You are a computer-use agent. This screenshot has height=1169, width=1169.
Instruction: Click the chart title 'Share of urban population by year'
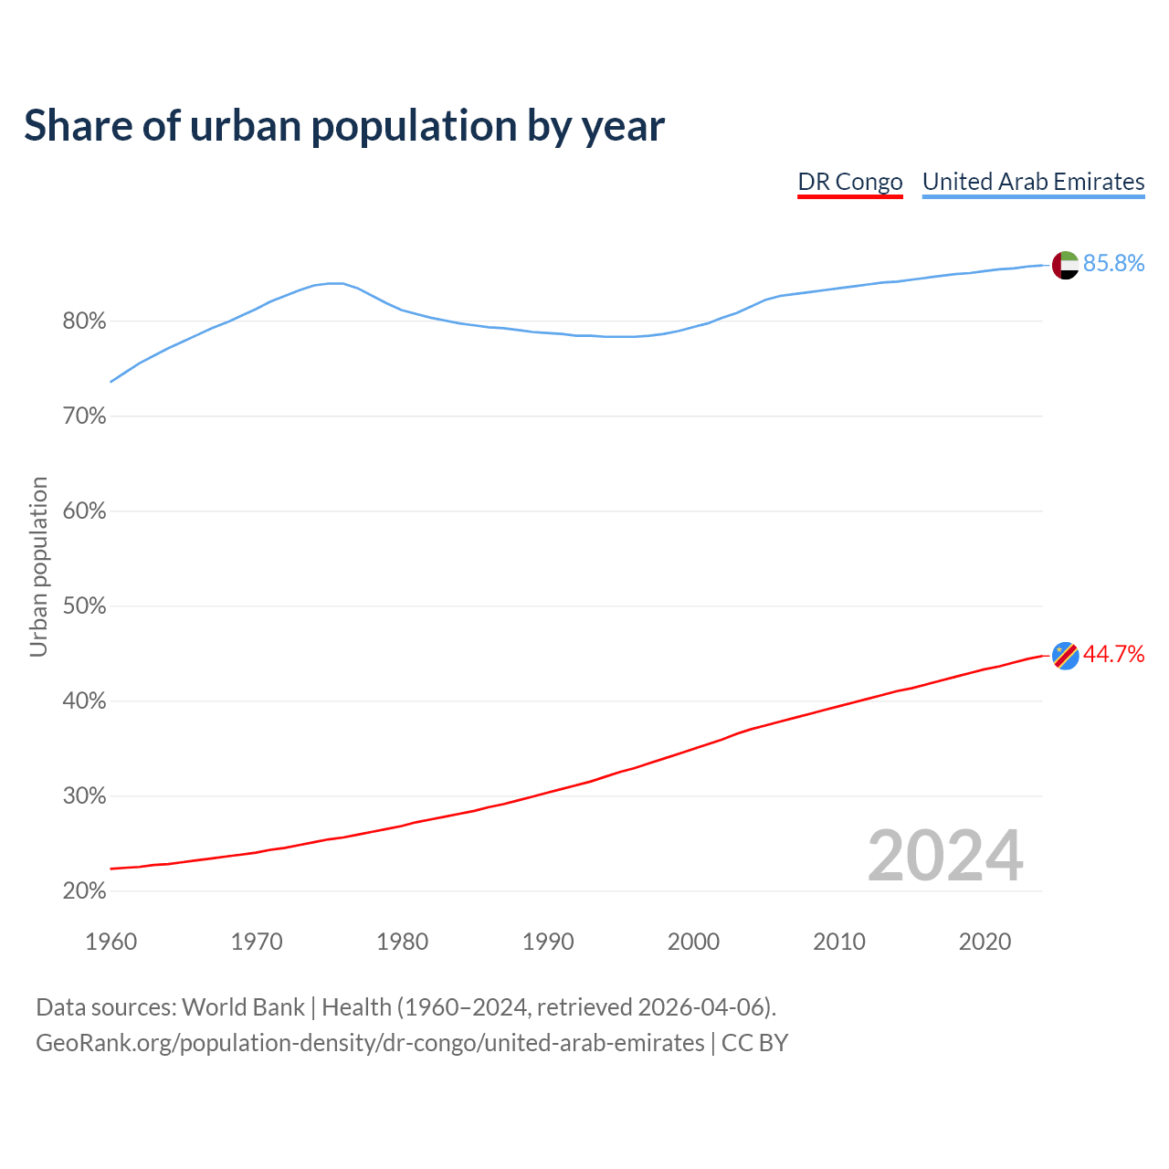pyautogui.click(x=344, y=126)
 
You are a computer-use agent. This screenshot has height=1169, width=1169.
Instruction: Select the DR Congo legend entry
pyautogui.click(x=850, y=182)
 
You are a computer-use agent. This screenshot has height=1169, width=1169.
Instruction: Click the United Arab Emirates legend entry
pyautogui.click(x=1033, y=182)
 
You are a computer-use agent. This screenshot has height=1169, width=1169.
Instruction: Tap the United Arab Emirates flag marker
pyautogui.click(x=1065, y=265)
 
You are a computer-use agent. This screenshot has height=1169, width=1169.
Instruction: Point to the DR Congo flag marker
pyautogui.click(x=1065, y=655)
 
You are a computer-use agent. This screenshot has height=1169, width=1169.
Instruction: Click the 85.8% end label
pyautogui.click(x=1113, y=264)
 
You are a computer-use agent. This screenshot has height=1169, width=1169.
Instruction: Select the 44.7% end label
pyautogui.click(x=1113, y=654)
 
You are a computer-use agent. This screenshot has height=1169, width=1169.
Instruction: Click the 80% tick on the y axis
pyautogui.click(x=84, y=321)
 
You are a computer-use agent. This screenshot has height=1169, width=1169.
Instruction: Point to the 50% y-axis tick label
pyautogui.click(x=84, y=606)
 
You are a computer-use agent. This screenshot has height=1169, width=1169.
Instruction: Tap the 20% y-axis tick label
pyautogui.click(x=84, y=891)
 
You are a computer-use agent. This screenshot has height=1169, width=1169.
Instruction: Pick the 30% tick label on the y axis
pyautogui.click(x=84, y=796)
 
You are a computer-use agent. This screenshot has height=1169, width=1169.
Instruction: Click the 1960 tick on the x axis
pyautogui.click(x=111, y=942)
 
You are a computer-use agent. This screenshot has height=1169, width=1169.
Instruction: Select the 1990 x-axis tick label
pyautogui.click(x=548, y=942)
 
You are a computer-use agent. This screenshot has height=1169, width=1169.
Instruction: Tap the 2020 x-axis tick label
pyautogui.click(x=985, y=942)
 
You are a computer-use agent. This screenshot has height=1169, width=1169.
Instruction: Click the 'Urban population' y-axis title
pyautogui.click(x=38, y=567)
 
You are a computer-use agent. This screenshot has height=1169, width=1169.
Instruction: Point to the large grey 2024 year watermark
pyautogui.click(x=945, y=856)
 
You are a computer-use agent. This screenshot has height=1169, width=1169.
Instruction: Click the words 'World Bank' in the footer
pyautogui.click(x=243, y=1007)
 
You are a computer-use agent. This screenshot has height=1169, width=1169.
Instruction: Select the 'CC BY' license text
pyautogui.click(x=754, y=1043)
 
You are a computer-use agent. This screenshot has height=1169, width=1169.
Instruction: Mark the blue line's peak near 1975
pyautogui.click(x=335, y=283)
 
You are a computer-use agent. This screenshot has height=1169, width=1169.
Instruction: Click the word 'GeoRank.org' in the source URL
pyautogui.click(x=103, y=1043)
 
